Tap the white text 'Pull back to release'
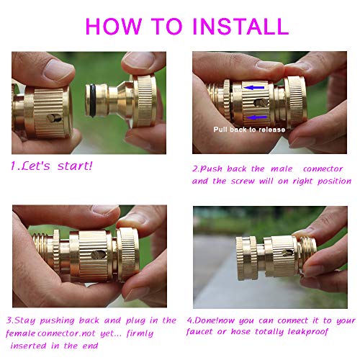249,130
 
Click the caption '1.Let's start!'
50,165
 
